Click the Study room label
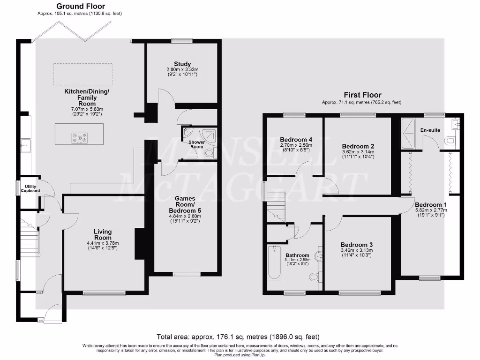pyautogui.click(x=182, y=64)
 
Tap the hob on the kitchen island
pyautogui.click(x=79, y=138)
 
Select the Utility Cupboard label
pyautogui.click(x=30, y=189)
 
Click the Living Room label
pyautogui.click(x=103, y=234)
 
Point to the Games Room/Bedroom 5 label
pyautogui.click(x=185, y=205)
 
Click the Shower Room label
pyautogui.click(x=196, y=144)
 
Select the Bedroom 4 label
pyautogui.click(x=296, y=140)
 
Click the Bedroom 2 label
pyautogui.click(x=358, y=146)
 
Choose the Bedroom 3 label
pyautogui.click(x=357, y=245)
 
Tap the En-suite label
pyautogui.click(x=430, y=130)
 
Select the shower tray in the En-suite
pyautogui.click(x=408, y=133)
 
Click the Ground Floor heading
pyautogui.click(x=81, y=7)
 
